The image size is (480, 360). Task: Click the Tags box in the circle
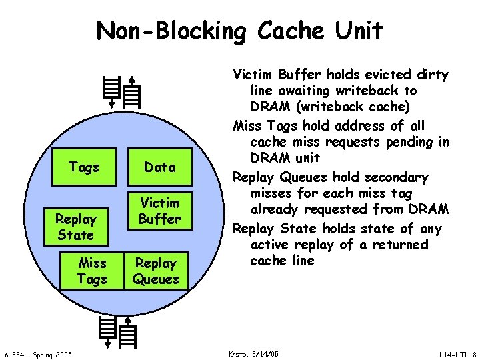tap(84, 167)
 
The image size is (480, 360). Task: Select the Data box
tap(159, 167)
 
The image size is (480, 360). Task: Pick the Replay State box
tap(75, 227)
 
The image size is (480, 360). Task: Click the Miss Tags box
tap(92, 271)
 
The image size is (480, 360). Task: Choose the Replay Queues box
tap(156, 271)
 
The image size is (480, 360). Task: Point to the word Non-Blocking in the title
tap(173, 30)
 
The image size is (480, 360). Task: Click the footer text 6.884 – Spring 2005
tap(38, 353)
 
